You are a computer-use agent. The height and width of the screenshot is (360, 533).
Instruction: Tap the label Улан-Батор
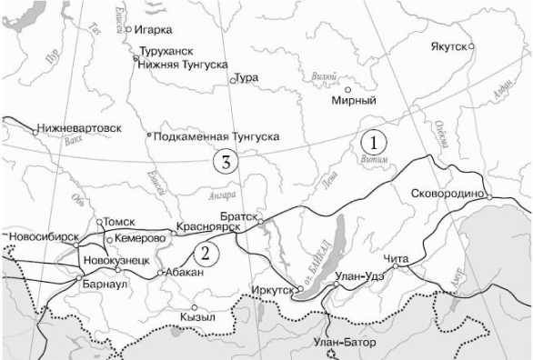(x=342, y=341)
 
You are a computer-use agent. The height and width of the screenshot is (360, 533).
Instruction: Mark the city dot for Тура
(x=233, y=80)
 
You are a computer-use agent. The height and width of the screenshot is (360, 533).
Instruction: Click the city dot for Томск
(x=100, y=221)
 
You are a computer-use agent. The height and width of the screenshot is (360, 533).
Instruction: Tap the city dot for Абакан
(x=160, y=272)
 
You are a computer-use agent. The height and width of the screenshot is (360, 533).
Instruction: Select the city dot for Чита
(x=395, y=268)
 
